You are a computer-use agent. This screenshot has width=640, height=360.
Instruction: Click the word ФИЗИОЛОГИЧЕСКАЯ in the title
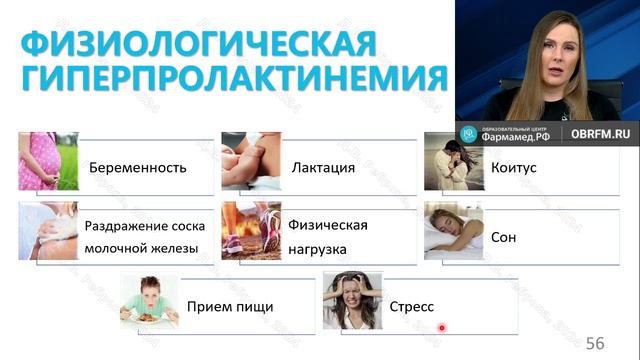[x=199, y=43]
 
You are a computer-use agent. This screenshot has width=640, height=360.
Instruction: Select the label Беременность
[x=138, y=167]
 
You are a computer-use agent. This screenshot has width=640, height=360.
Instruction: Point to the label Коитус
[x=514, y=167]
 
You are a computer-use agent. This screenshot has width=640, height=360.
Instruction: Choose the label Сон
[x=503, y=239]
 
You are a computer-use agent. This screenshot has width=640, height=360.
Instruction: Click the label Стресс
[x=410, y=306]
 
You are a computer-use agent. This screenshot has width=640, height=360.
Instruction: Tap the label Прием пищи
[x=230, y=306]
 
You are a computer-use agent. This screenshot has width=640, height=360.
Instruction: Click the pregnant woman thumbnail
[x=48, y=161]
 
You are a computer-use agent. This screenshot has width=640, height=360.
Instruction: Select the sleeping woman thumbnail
[x=453, y=231]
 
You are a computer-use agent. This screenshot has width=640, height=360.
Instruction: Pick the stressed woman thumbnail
[x=352, y=300]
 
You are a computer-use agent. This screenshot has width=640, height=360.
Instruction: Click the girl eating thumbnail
[x=150, y=301]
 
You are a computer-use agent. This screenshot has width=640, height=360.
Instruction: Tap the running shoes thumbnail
[x=251, y=231]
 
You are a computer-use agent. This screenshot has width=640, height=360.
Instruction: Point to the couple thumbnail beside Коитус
[x=453, y=161]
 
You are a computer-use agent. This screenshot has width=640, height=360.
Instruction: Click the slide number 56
[x=596, y=343]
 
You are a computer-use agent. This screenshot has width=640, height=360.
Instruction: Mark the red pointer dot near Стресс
[x=442, y=327]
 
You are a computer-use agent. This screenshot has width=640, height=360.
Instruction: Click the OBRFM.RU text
[x=600, y=133]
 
